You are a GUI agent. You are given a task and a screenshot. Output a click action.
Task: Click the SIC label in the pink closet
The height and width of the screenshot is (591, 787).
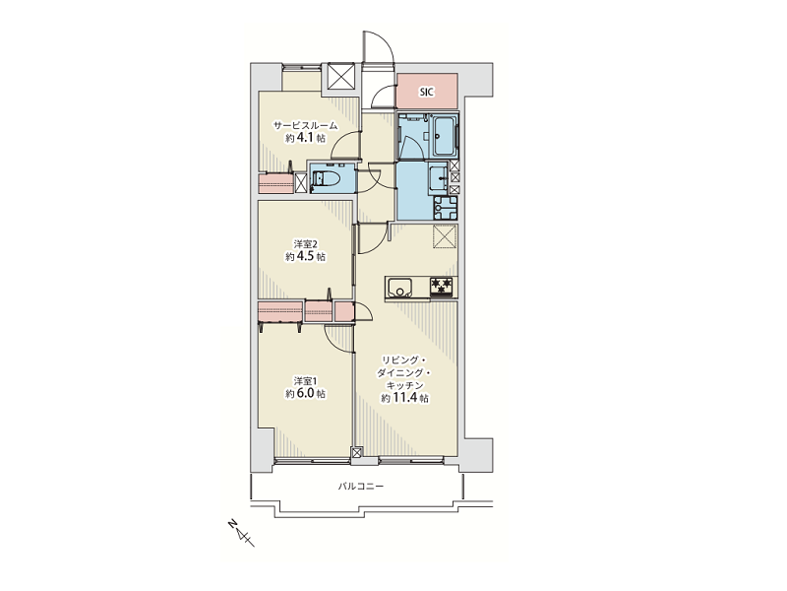click(x=427, y=92)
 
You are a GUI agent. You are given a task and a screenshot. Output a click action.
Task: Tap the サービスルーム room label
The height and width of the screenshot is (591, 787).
click(x=305, y=126)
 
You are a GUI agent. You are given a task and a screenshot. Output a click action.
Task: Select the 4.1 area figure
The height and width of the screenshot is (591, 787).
click(x=306, y=138)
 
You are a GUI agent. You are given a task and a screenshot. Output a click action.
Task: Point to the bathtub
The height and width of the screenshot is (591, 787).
click(x=445, y=136)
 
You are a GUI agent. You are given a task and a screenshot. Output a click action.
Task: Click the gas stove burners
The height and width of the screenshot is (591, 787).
click(x=442, y=287)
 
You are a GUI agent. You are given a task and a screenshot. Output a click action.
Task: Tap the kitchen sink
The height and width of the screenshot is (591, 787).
click(x=399, y=288)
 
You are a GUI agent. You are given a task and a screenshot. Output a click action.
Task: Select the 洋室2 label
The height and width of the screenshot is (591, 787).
click(x=305, y=244)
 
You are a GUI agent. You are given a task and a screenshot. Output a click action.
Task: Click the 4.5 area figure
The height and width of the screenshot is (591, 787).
click(x=306, y=257)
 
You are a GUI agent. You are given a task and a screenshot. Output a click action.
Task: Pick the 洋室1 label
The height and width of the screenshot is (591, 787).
click(x=305, y=381)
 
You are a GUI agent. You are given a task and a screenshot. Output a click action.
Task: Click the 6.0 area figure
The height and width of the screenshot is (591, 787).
click(x=306, y=393)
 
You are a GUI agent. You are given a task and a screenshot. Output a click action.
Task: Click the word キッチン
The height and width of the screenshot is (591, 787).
click(x=404, y=385)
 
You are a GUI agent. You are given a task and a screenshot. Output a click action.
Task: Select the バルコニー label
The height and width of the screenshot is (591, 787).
click(x=360, y=487)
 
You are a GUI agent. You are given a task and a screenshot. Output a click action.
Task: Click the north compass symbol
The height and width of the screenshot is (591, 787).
click(x=242, y=534)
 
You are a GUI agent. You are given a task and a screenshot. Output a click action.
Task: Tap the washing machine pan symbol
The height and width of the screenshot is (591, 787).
click(x=446, y=207)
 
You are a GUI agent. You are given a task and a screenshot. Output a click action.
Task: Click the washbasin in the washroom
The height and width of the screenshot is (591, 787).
click(x=440, y=177)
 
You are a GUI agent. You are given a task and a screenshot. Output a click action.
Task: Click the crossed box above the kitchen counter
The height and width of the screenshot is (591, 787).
click(x=445, y=236)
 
